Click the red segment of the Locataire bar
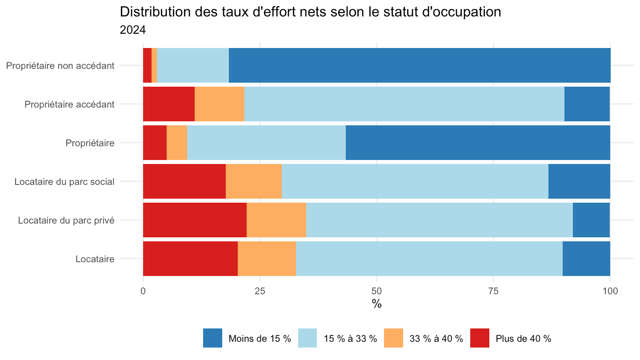[190, 259]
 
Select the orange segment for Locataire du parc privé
[276, 220]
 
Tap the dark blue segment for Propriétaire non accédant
[420, 65]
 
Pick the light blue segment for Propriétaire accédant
[404, 104]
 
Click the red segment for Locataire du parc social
[184, 181]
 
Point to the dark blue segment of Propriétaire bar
[478, 143]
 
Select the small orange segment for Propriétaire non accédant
[154, 65]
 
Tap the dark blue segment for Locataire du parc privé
[592, 220]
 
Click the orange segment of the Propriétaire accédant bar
[220, 104]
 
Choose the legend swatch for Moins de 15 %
[212, 338]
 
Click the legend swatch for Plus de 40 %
[480, 338]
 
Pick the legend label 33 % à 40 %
[436, 339]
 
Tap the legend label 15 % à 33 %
[350, 339]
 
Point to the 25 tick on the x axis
[260, 291]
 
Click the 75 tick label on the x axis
[493, 291]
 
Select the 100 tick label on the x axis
[610, 291]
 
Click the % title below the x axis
[376, 304]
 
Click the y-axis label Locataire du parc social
[64, 182]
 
